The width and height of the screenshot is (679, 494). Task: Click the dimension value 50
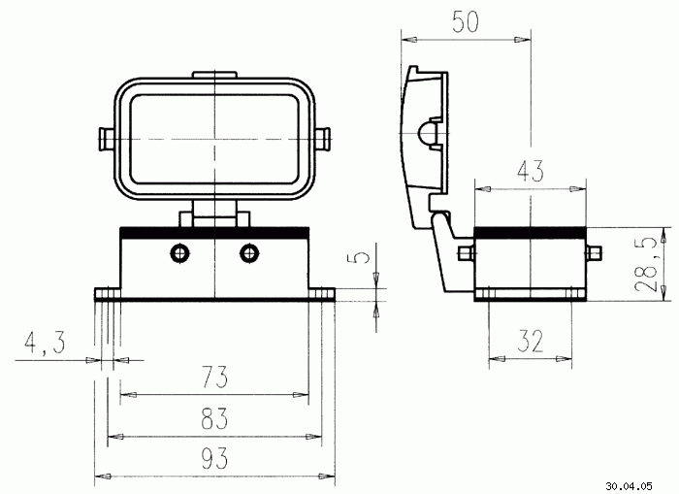466,21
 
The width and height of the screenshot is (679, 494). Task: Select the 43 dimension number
531,171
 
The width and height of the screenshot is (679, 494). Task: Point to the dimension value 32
530,341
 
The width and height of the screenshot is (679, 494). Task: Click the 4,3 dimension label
45,343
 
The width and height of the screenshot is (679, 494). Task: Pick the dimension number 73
214,377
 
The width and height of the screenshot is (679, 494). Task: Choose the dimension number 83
214,418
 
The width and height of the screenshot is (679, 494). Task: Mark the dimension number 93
214,458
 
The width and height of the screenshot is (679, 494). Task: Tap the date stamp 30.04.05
629,486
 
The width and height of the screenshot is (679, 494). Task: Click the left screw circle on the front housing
180,252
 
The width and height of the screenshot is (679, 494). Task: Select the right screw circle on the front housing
249,252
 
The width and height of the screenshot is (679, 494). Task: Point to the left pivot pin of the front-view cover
107,139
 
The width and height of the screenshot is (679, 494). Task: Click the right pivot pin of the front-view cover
323,139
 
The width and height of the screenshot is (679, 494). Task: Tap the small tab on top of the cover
214,75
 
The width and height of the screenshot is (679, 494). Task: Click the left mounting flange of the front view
108,295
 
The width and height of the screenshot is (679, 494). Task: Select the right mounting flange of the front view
322,295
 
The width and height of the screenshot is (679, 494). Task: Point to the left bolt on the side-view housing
467,253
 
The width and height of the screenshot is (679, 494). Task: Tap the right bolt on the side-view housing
594,253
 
